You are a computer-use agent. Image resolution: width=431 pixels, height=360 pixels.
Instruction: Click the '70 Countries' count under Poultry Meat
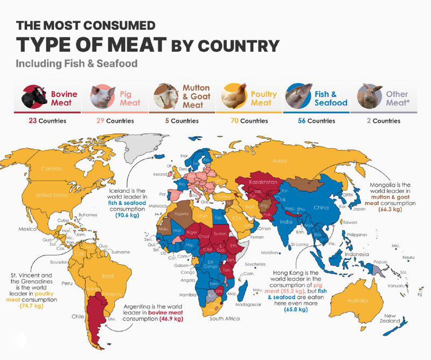pyautogui.click(x=249, y=121)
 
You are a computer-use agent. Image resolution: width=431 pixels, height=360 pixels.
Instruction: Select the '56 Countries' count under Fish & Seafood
pyautogui.click(x=316, y=121)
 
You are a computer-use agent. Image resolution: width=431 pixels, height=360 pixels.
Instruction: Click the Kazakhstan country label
pyautogui.click(x=263, y=183)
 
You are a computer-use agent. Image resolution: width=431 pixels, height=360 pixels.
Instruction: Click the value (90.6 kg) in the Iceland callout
pyautogui.click(x=127, y=215)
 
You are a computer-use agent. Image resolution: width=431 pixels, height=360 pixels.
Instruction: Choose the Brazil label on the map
pyautogui.click(x=108, y=276)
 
